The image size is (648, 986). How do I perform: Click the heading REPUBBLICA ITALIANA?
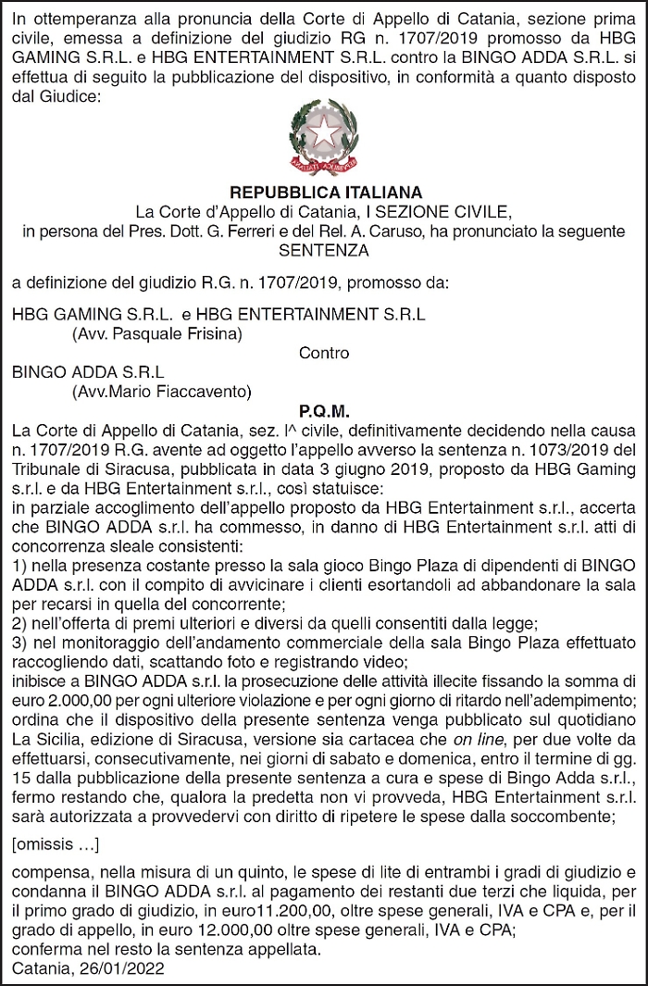[324, 193]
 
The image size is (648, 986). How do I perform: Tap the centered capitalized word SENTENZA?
[324, 250]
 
